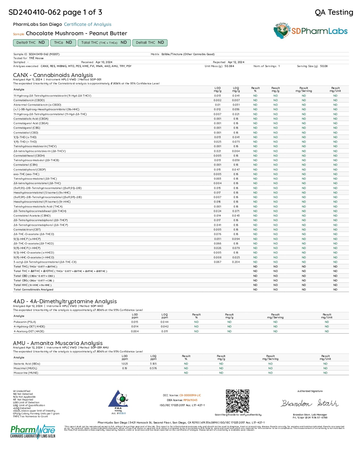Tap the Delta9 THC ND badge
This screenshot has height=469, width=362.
point(31,43)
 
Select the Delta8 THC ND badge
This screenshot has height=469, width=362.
point(150,43)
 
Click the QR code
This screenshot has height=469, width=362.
point(238,401)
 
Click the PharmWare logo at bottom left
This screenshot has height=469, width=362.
point(33,431)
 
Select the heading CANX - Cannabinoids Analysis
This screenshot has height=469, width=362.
point(53,75)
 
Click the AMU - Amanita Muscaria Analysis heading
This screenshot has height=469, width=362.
point(58,343)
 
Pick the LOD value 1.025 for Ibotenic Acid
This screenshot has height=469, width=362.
point(125,364)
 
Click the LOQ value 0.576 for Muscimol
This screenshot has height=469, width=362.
point(153,368)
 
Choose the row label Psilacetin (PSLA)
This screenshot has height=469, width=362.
point(25,322)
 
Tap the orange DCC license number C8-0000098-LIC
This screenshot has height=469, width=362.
point(190,395)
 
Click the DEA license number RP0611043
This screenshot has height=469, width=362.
point(190,400)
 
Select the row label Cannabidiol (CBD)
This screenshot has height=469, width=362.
point(26,132)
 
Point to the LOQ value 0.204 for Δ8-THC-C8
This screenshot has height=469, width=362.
point(236,262)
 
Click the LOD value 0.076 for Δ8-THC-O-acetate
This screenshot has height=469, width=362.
point(217,234)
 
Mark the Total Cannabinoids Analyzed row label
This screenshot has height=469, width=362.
point(34,290)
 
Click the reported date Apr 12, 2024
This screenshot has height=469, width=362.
point(236,62)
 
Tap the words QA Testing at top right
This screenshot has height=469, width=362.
point(334,12)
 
